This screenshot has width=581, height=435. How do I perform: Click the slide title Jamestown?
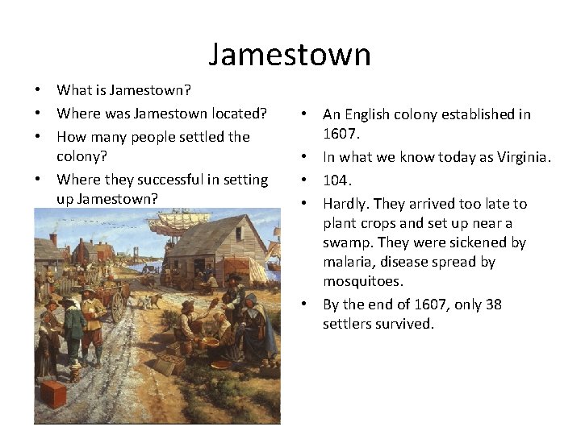tap(290, 55)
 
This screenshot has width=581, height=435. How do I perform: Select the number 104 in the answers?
tap(336, 180)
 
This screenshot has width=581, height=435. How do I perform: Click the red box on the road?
tap(54, 394)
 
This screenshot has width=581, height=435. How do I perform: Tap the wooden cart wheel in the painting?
tap(118, 306)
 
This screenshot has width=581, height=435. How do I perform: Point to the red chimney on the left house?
tap(53, 240)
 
